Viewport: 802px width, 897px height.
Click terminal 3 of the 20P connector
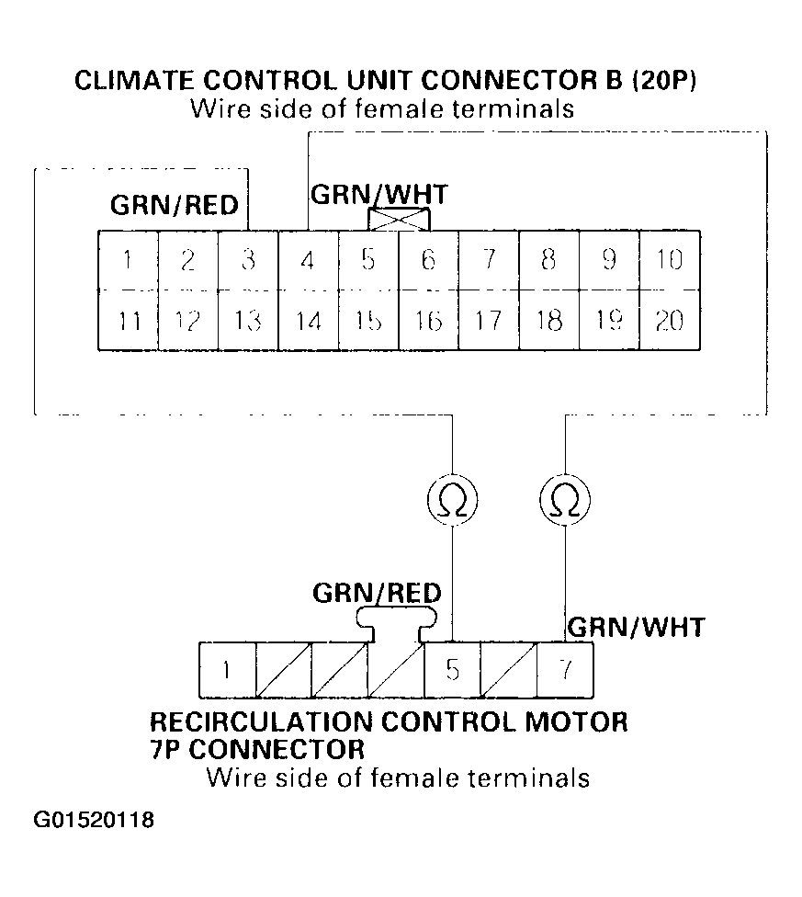[x=248, y=260]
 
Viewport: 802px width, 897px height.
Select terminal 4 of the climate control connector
[x=308, y=260]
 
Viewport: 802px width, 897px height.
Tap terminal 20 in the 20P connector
[x=669, y=320]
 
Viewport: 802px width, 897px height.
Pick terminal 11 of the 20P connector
[x=129, y=320]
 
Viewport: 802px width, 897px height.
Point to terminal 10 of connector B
[x=669, y=260]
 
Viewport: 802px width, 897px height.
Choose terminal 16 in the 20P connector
[x=428, y=320]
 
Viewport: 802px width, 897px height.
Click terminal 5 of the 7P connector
[x=452, y=669]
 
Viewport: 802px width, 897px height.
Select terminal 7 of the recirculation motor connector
[x=565, y=669]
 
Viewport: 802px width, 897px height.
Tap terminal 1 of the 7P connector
[x=226, y=669]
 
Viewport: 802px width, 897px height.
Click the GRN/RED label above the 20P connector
[x=175, y=205]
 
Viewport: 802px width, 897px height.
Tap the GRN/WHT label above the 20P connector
[x=379, y=195]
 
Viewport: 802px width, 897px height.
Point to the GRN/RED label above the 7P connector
[x=377, y=593]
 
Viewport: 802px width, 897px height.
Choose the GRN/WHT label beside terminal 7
[x=637, y=628]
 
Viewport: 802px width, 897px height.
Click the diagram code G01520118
[x=94, y=819]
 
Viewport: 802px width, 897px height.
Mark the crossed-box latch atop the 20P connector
[x=398, y=219]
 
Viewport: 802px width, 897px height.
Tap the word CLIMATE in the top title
[x=130, y=81]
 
